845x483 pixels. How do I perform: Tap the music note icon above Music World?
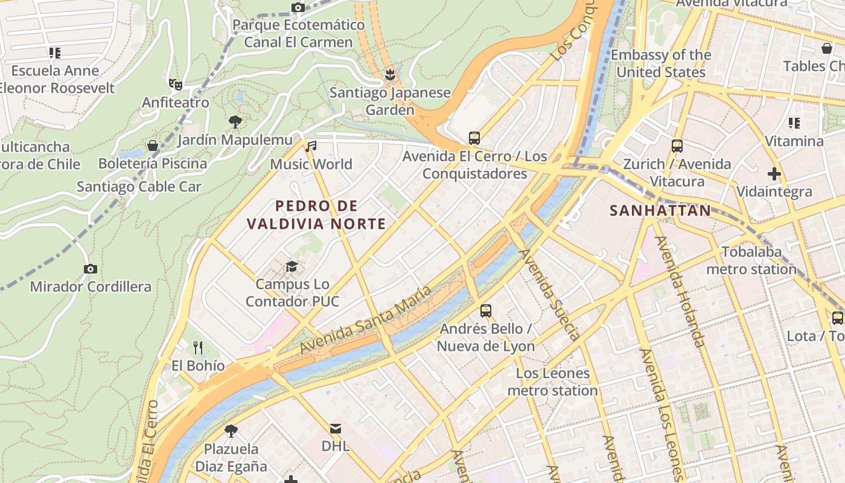coord(311,146)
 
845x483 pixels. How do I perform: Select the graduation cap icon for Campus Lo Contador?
coord(292,266)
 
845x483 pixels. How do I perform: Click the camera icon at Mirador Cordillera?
coord(91,269)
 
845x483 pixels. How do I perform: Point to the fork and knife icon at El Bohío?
coord(198,347)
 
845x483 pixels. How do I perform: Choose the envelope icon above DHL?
coord(336,429)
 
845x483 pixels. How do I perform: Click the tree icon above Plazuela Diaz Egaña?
coord(231,431)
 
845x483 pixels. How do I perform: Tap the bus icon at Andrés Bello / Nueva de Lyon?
coord(486,311)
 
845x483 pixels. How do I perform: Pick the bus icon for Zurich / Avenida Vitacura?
coord(677,146)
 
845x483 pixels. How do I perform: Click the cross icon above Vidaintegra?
coord(774,174)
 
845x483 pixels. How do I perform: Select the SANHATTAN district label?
coord(660,211)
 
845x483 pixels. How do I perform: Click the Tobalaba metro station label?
coord(751,260)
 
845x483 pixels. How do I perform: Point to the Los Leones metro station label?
coord(553,382)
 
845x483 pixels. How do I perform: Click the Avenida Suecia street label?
coord(550,294)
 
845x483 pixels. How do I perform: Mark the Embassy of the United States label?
coord(661,63)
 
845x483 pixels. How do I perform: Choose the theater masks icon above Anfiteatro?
coord(175,84)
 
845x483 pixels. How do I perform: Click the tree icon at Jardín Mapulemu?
coord(235,122)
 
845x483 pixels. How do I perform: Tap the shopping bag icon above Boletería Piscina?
coord(153,146)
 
